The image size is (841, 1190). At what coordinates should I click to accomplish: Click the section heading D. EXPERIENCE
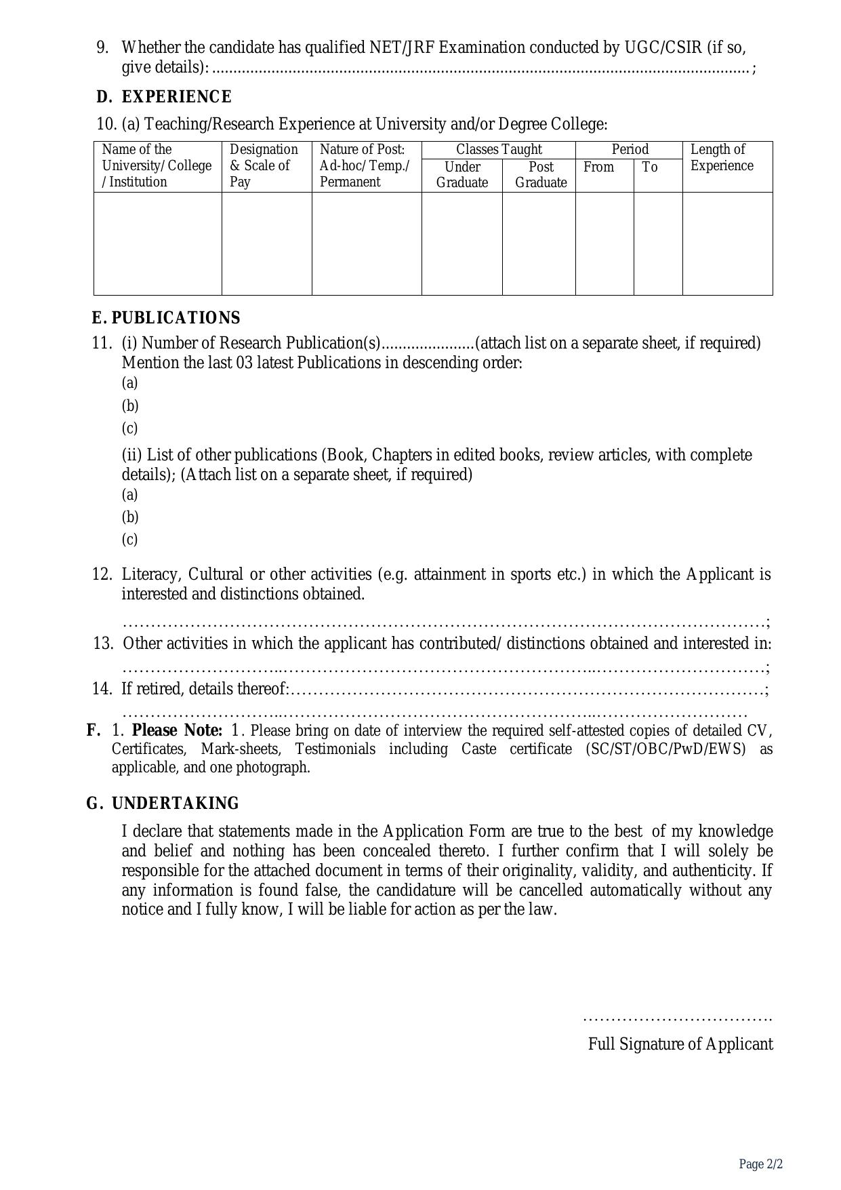click(x=164, y=97)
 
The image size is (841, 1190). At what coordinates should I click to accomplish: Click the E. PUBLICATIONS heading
click(x=166, y=318)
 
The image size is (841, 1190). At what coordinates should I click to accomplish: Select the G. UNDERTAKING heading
click(x=163, y=804)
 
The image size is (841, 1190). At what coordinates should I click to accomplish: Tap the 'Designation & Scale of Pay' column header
click(x=264, y=165)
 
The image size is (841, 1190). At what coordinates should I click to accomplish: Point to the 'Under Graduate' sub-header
click(x=462, y=175)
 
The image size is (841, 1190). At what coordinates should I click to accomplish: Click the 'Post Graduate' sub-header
click(x=541, y=175)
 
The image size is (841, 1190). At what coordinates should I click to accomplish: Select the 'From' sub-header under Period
click(x=598, y=167)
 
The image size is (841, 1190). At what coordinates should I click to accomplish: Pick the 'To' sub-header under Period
click(x=650, y=167)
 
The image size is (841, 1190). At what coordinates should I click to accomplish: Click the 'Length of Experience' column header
click(x=721, y=157)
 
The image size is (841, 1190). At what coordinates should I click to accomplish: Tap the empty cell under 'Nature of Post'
click(x=367, y=243)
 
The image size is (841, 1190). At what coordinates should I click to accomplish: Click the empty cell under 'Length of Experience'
click(x=727, y=243)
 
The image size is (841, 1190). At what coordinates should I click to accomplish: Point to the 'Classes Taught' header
click(x=499, y=149)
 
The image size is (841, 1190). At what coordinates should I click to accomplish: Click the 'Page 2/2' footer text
click(x=761, y=1164)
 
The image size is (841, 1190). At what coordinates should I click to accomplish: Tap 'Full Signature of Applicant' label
click(x=680, y=1044)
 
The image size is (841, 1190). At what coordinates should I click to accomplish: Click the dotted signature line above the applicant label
click(x=677, y=1018)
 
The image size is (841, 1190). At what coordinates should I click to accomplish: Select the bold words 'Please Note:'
click(x=177, y=730)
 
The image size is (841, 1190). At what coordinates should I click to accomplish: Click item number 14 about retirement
click(x=102, y=689)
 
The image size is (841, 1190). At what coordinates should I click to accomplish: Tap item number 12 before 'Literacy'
click(x=102, y=574)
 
